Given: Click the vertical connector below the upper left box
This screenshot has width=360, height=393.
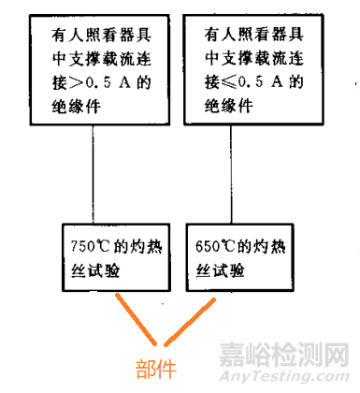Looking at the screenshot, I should pos(94,174).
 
